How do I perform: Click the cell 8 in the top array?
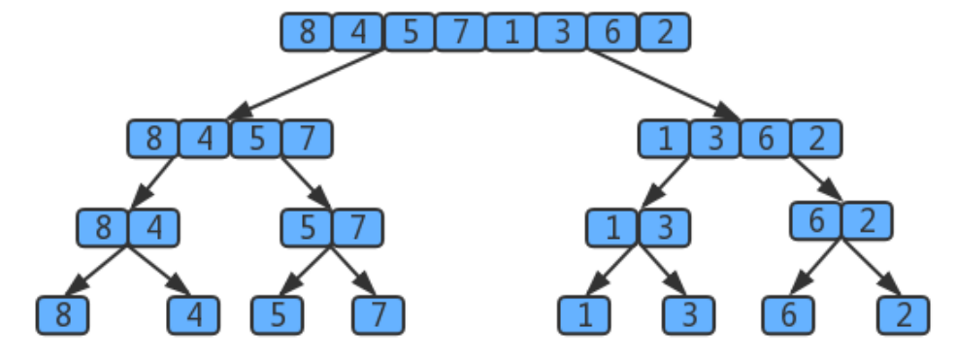307,33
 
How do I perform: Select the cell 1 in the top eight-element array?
511,33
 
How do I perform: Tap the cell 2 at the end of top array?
664,33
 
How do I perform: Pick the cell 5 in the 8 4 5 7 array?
256,139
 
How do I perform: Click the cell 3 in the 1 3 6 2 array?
716,139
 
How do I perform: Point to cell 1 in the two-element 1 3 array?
612,228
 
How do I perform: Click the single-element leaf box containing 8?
62,315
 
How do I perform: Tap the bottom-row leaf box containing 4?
193,315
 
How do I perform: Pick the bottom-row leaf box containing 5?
277,315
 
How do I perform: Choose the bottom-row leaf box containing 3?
688,315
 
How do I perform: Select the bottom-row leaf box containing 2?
904,315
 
